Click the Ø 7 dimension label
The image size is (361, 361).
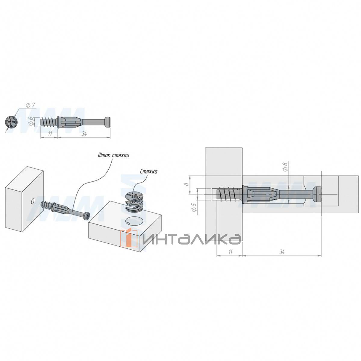pos(31,106)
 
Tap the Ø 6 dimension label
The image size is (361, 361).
pos(31,122)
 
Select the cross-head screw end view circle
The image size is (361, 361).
pos(11,122)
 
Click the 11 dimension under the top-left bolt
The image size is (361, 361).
pos(50,134)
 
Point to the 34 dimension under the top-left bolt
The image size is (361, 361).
pos(84,134)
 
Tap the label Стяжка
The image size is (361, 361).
pos(148,171)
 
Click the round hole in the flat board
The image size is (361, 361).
pos(134,221)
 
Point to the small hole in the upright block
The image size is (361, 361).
pos(32,202)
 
